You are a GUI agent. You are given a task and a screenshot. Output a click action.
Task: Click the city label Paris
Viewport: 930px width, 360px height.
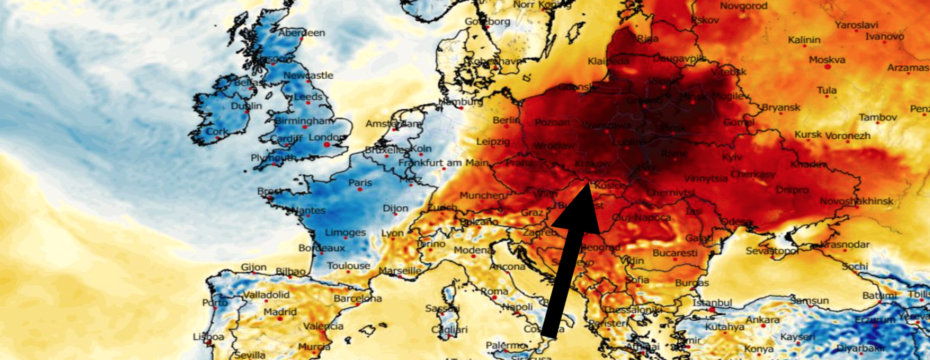coord(360,182)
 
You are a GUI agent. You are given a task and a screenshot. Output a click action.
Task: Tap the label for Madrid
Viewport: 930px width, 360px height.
coord(280,312)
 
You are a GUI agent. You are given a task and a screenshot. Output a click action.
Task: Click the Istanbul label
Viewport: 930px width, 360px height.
coord(711,303)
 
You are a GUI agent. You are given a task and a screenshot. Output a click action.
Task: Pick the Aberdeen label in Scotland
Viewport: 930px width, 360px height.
coord(301,33)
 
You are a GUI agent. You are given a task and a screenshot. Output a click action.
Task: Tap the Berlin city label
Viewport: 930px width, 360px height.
coord(507,120)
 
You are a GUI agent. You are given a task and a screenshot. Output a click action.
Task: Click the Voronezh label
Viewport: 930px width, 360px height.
coord(847,136)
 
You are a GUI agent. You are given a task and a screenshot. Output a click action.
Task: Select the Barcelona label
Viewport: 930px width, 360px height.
coord(358,298)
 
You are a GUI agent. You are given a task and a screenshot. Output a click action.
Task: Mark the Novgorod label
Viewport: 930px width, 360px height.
coord(742,6)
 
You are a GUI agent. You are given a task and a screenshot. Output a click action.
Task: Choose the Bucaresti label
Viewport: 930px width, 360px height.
coord(674,253)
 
